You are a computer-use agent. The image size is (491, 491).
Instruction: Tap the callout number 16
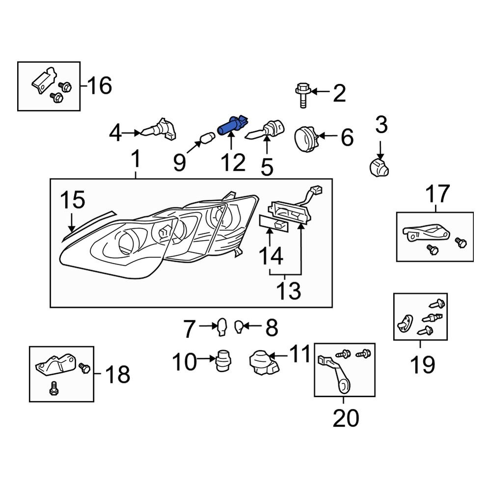100,86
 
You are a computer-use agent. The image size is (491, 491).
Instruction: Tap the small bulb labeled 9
207,136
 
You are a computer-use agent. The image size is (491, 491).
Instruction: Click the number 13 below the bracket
288,291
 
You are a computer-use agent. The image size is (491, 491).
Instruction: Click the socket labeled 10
223,362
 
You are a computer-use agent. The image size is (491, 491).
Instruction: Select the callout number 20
346,418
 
